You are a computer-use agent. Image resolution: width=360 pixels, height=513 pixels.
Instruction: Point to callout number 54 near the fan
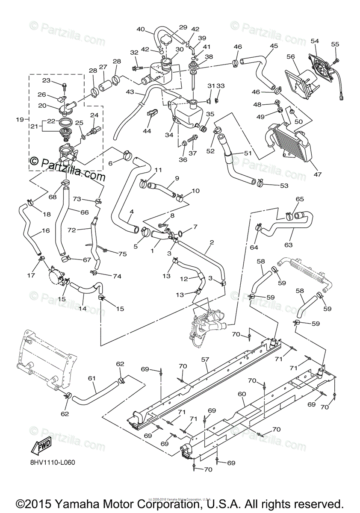pos(315,41)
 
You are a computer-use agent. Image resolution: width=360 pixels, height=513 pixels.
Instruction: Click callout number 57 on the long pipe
pos(206,360)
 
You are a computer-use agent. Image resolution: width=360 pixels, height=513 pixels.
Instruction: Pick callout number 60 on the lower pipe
pos(242,393)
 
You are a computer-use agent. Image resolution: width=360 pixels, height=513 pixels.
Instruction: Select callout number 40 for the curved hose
pos(141,29)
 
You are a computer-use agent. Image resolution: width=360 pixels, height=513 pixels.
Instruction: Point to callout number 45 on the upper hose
pos(274,46)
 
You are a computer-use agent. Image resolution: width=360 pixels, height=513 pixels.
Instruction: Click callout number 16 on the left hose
pos(46,230)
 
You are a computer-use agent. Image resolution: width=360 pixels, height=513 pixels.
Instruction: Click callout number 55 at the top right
pos(335,44)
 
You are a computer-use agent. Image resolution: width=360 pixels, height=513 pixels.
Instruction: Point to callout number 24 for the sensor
pos(94,115)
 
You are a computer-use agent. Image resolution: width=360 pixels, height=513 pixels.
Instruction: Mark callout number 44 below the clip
pos(147,131)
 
